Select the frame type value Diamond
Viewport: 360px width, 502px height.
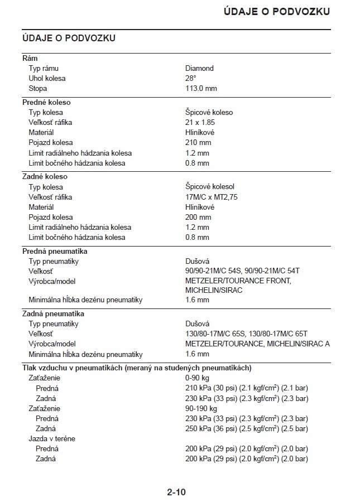tap(199, 68)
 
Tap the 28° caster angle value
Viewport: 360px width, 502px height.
tap(191, 78)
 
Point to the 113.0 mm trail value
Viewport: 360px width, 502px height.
tap(201, 88)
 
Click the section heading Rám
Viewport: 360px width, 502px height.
tap(30, 58)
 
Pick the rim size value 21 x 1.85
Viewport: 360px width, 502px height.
tap(200, 122)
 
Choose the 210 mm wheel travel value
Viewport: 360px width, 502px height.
tap(198, 142)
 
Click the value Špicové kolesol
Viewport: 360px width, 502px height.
tap(211, 187)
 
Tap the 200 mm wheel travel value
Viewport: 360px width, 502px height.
tap(198, 217)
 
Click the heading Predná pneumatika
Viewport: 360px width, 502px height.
tap(55, 251)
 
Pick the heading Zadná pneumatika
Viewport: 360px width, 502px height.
tap(53, 313)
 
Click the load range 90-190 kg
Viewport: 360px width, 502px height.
tap(201, 408)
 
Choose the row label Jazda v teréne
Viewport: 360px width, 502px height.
tap(52, 438)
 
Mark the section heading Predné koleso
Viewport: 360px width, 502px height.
tap(46, 102)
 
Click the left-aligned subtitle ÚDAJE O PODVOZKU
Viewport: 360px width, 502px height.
tap(69, 38)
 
